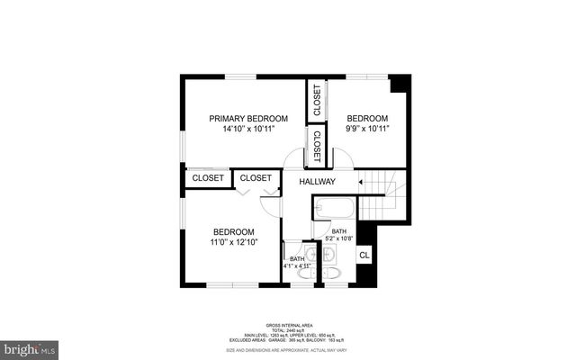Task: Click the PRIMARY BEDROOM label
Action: [248, 118]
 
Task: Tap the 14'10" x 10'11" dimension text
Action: [248, 130]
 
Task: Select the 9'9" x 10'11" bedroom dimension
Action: [367, 130]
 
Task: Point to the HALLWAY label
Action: [318, 182]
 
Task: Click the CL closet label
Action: [364, 255]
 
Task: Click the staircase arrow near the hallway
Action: [361, 183]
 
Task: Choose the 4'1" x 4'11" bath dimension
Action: [297, 266]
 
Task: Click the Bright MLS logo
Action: [30, 346]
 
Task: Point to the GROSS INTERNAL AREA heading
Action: [288, 325]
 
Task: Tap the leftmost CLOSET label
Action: [208, 178]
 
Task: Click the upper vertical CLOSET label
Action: [317, 101]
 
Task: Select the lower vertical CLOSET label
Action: [317, 145]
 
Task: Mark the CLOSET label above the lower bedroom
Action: [256, 178]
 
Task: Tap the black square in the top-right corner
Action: [400, 83]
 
